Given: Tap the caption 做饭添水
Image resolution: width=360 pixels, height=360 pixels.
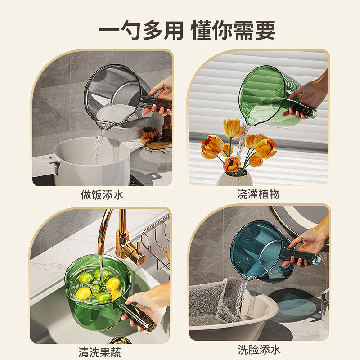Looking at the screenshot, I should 102,194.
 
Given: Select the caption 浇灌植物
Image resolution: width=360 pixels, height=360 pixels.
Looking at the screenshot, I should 258,194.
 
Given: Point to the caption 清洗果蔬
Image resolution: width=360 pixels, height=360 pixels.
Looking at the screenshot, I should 99,352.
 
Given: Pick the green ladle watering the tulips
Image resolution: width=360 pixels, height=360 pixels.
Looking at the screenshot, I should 265,92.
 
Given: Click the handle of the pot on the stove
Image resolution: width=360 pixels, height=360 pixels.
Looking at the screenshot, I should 55,164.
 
